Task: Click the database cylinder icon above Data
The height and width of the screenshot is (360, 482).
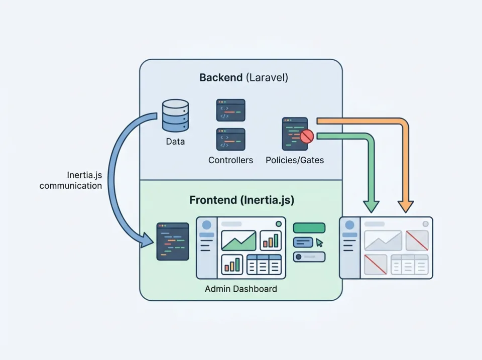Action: pos(175,115)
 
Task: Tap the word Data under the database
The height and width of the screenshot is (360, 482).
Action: pos(175,142)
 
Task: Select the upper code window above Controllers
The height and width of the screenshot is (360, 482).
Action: pos(230,110)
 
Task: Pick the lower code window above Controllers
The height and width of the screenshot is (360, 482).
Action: pos(230,139)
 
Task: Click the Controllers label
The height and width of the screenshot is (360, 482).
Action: pos(230,160)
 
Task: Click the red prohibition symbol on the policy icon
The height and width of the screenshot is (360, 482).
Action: pos(307,136)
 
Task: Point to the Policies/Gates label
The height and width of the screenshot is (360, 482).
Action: pos(295,160)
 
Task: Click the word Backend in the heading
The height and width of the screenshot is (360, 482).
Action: pos(221,78)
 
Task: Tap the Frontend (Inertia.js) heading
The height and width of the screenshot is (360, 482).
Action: pos(242,200)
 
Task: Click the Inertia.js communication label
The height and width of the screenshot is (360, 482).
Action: pos(71,180)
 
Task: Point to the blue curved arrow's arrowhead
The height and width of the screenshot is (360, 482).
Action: pos(148,241)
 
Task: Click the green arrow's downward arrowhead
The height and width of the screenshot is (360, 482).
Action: pos(372,205)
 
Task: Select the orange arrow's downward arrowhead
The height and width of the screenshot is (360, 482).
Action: pos(406,206)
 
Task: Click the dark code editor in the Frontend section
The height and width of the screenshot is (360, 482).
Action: pos(173,242)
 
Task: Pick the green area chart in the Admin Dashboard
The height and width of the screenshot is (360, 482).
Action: pos(238,241)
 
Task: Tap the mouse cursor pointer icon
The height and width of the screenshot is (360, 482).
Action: pos(319,243)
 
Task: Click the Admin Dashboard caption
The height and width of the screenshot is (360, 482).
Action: pos(240,289)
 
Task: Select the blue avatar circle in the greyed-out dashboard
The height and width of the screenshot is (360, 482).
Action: pos(349,225)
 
